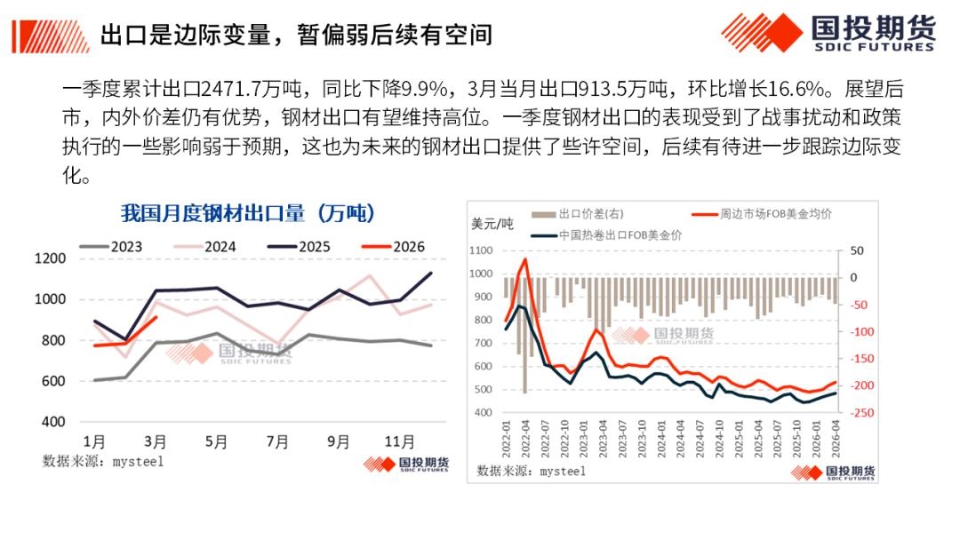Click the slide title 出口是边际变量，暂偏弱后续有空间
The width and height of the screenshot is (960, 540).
click(x=296, y=35)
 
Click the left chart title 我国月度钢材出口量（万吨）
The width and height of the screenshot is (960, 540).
click(x=247, y=213)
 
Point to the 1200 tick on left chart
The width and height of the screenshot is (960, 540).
click(x=51, y=258)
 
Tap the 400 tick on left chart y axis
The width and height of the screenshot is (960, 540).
click(x=54, y=422)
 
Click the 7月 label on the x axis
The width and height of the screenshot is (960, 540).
click(x=276, y=441)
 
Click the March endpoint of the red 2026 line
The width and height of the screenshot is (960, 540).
click(x=156, y=317)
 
